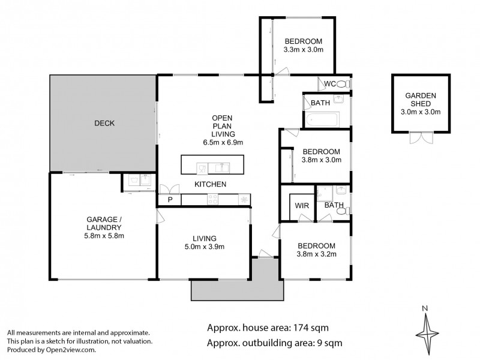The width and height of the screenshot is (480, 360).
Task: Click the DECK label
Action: pos(104,123)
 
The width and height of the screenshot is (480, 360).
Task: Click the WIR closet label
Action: pos(301,205)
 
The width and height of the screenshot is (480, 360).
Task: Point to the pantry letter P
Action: pos(169,200)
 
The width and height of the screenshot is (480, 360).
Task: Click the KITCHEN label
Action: pos(209,184)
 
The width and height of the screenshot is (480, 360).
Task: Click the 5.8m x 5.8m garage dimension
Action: pos(100,236)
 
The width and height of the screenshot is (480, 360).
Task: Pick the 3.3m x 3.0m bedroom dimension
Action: pos(304,50)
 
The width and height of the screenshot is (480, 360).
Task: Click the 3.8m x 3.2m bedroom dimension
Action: pos(316,254)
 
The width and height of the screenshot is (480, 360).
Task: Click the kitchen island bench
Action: pos(212,164)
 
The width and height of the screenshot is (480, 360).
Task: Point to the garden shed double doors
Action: pos(420,138)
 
